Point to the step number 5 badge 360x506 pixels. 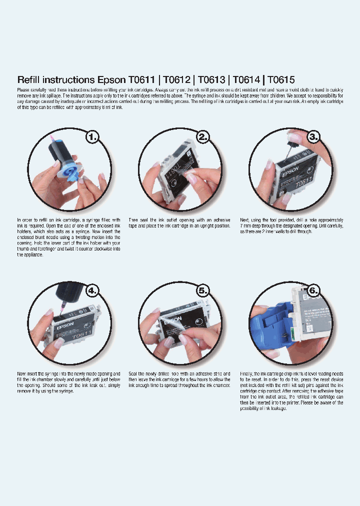coord(202,290)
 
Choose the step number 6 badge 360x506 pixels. coord(312,290)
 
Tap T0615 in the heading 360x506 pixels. coord(281,79)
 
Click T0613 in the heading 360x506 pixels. coord(211,79)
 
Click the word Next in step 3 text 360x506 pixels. coord(244,220)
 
